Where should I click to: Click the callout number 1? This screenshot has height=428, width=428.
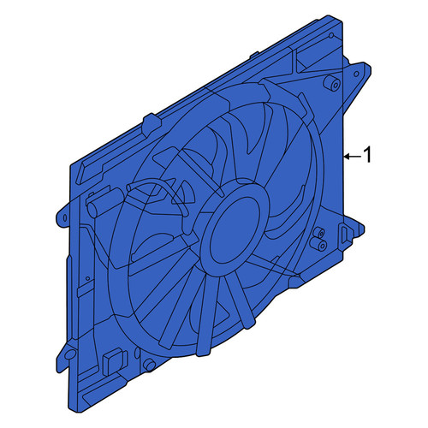point(368,155)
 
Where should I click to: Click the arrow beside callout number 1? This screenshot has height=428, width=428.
point(354,157)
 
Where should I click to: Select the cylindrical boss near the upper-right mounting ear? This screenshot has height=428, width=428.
point(332,82)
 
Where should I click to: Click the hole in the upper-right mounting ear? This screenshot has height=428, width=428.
point(356,74)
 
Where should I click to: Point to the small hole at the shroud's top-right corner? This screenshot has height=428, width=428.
point(331,36)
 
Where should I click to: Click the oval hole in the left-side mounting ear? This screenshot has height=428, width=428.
point(65,218)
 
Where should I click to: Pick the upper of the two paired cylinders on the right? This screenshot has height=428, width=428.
point(319,233)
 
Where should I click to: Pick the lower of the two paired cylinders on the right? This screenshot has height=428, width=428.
point(318,243)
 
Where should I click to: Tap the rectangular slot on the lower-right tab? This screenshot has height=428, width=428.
point(343,235)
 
